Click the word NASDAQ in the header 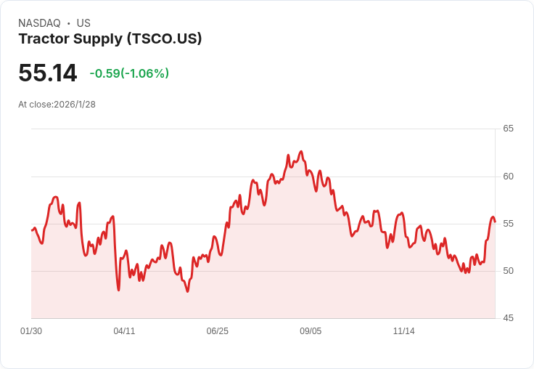point(39,23)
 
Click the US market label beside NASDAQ point(83,23)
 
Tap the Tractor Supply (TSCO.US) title point(110,39)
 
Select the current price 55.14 point(47,73)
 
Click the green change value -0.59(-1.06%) point(129,73)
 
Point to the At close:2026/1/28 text point(57,105)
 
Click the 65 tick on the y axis point(508,129)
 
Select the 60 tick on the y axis point(508,177)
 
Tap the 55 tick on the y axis point(508,224)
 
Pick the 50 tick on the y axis point(508,271)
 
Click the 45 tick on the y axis point(508,318)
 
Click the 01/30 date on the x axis point(31,331)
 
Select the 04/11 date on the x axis point(124,331)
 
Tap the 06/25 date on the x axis point(217,331)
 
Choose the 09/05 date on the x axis point(311,331)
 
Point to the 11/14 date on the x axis point(403,331)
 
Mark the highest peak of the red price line point(300,152)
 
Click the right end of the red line point(495,221)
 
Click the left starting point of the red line point(32,230)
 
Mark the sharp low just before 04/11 point(118,290)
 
